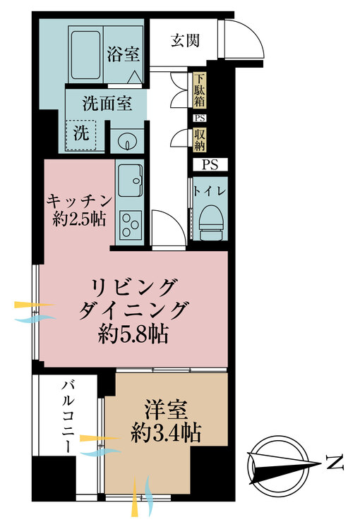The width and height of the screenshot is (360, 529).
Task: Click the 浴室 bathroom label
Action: tap(122, 54)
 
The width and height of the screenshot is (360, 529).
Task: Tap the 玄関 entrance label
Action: tap(184, 40)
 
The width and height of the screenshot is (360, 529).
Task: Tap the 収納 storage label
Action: tap(200, 139)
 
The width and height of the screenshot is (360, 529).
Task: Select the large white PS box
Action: tap(210, 166)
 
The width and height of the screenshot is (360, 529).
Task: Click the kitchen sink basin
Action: tap(130, 181)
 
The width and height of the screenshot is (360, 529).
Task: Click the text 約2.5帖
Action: tap(79, 220)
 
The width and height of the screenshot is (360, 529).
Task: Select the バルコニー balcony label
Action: tap(68, 416)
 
